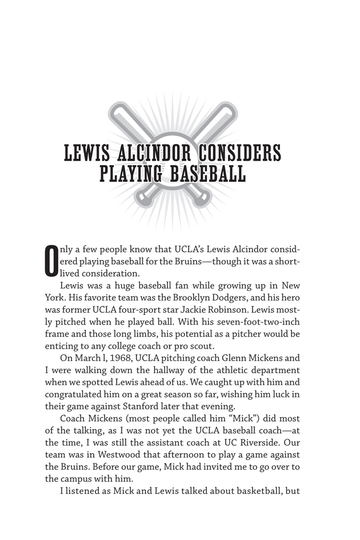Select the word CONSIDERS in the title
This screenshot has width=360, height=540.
click(x=238, y=154)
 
